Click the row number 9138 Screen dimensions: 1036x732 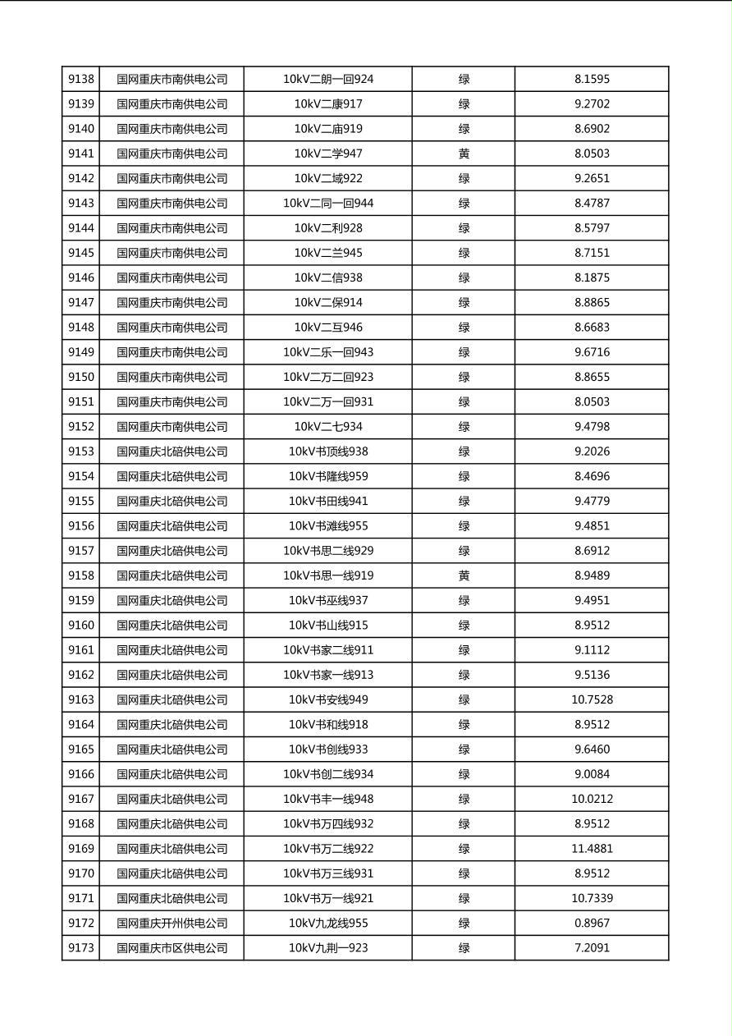click(81, 80)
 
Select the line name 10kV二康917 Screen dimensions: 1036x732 click(328, 104)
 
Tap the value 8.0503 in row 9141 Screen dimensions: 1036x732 click(592, 154)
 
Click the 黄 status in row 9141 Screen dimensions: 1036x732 click(464, 154)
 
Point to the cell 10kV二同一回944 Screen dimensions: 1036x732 click(328, 204)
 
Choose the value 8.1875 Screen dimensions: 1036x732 click(592, 277)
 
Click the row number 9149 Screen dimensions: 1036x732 click(81, 352)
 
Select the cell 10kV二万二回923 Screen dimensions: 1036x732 click(328, 377)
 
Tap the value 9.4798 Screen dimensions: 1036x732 click(592, 427)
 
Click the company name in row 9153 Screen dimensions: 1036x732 click(172, 452)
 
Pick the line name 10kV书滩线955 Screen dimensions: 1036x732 click(328, 526)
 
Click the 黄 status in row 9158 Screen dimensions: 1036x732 click(464, 575)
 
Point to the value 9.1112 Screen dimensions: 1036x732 click(592, 650)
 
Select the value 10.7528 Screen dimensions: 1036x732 click(592, 699)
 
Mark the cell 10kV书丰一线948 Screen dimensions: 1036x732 click(328, 799)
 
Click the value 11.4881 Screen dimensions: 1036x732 click(592, 849)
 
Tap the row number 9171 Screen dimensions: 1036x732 click(81, 898)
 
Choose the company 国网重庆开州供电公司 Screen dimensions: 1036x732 click(172, 923)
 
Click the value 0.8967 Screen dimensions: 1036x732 click(592, 923)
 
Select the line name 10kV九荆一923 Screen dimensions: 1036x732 click(328, 948)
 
